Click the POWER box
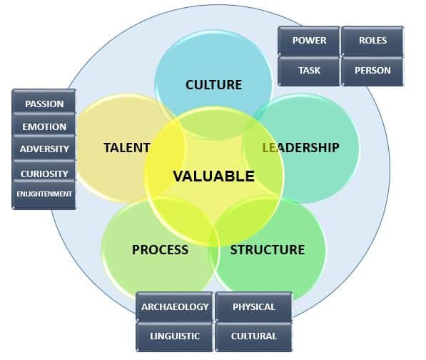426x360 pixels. [309, 41]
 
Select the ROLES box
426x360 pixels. [372, 41]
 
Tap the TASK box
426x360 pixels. [309, 71]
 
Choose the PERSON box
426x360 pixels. [372, 71]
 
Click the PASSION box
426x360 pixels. [44, 101]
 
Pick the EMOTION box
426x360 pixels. [44, 125]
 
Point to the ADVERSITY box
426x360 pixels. [44, 148]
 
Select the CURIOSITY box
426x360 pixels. [44, 171]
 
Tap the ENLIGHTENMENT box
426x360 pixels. [44, 195]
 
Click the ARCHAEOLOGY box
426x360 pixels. [174, 306]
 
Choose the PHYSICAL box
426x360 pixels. [254, 306]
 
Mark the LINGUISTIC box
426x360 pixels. [174, 337]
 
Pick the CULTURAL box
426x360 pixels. [254, 337]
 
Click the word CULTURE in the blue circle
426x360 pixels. [213, 85]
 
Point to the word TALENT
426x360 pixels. [127, 148]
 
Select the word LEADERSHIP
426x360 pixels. [300, 148]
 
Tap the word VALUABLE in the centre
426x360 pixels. [213, 176]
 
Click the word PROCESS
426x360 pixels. [160, 249]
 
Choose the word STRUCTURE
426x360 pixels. [268, 249]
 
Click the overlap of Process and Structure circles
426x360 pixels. [214, 253]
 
